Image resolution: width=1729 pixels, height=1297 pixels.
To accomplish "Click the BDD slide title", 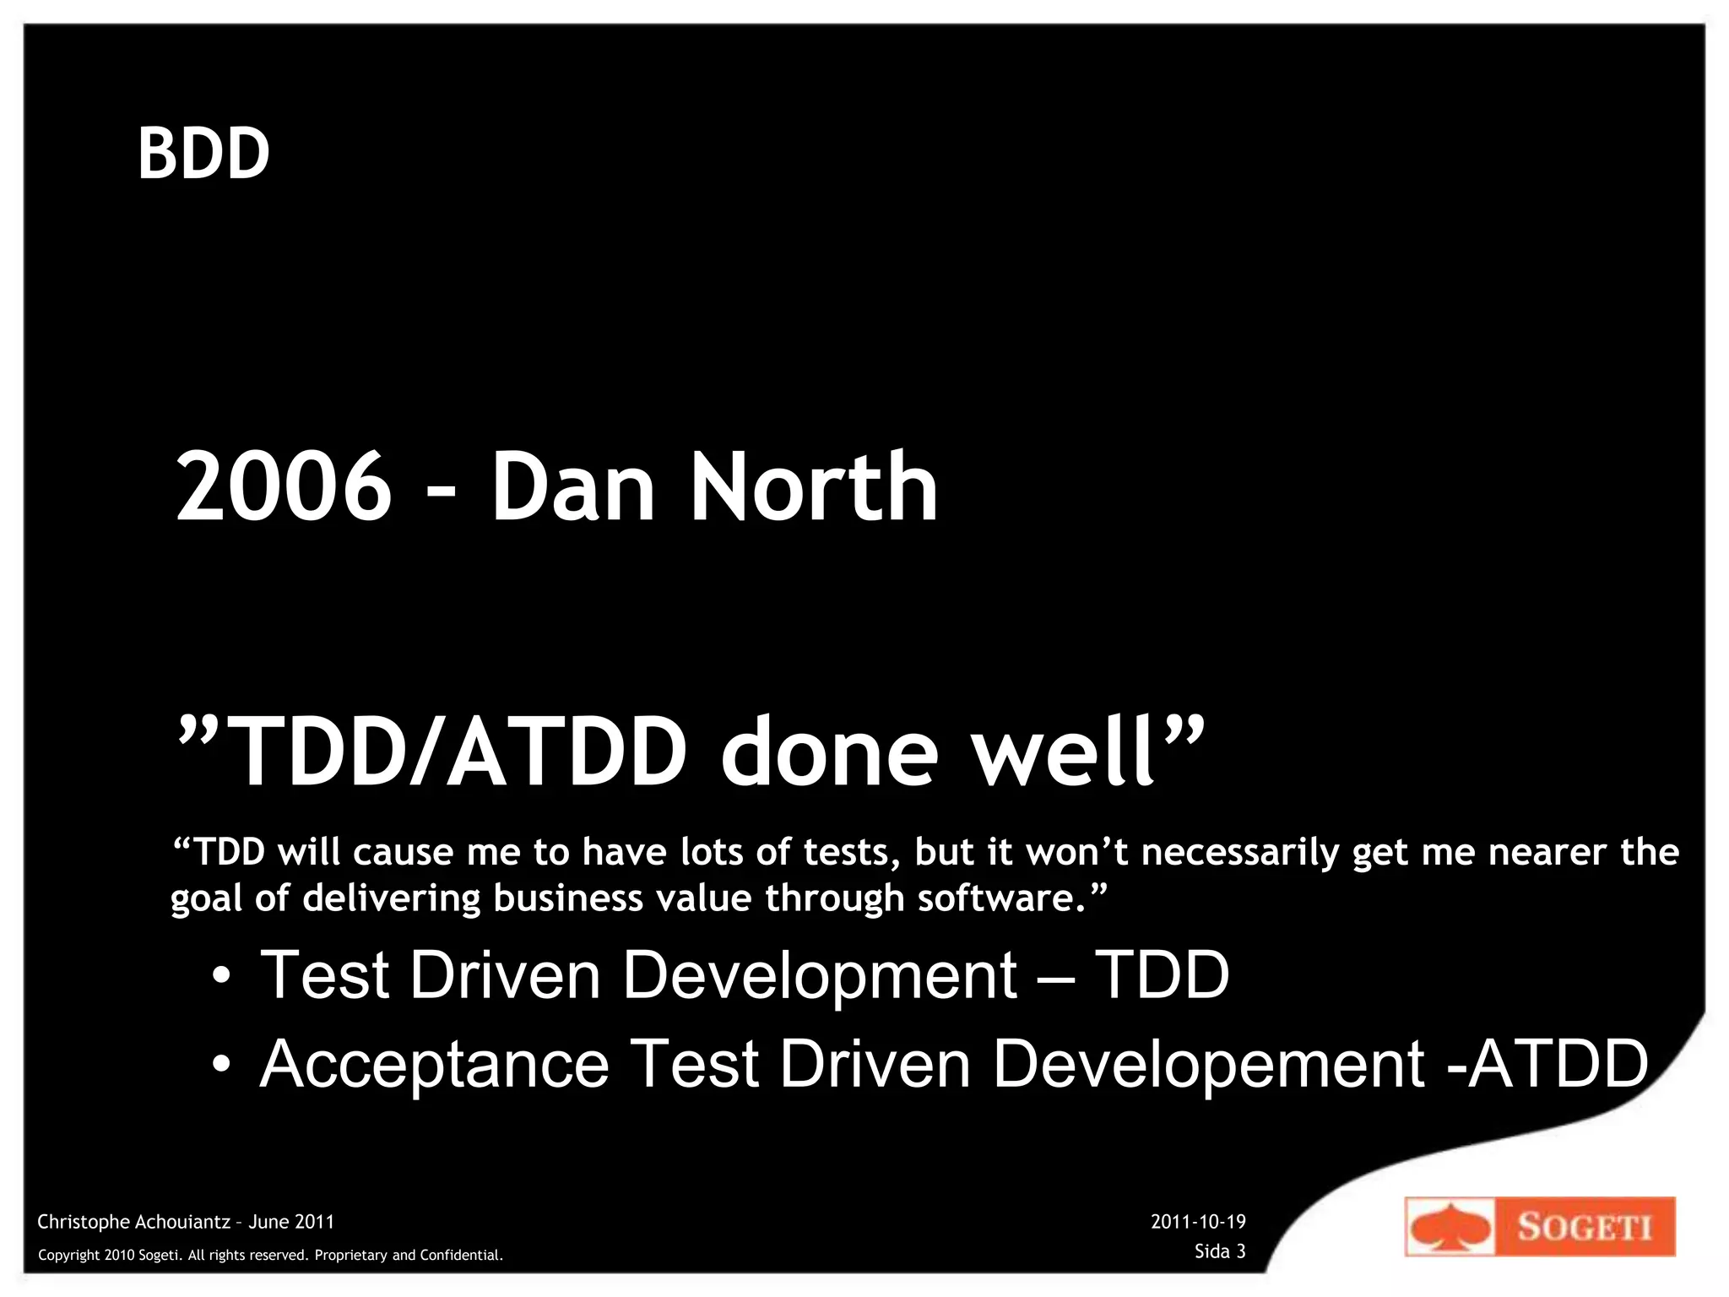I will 203,154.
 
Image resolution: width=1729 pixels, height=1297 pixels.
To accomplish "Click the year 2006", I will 284,487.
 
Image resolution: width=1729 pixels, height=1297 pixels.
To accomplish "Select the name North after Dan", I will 814,487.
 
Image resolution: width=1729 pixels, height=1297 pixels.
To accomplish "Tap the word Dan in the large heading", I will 573,487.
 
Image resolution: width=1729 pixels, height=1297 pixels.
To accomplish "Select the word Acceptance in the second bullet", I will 434,1064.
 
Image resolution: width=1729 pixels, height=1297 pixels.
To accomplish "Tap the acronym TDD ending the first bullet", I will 1162,974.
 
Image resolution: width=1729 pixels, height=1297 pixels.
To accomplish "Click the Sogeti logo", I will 1540,1226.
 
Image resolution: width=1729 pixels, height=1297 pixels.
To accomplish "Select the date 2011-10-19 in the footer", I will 1198,1222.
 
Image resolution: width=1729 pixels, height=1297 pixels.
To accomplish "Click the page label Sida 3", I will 1220,1251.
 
